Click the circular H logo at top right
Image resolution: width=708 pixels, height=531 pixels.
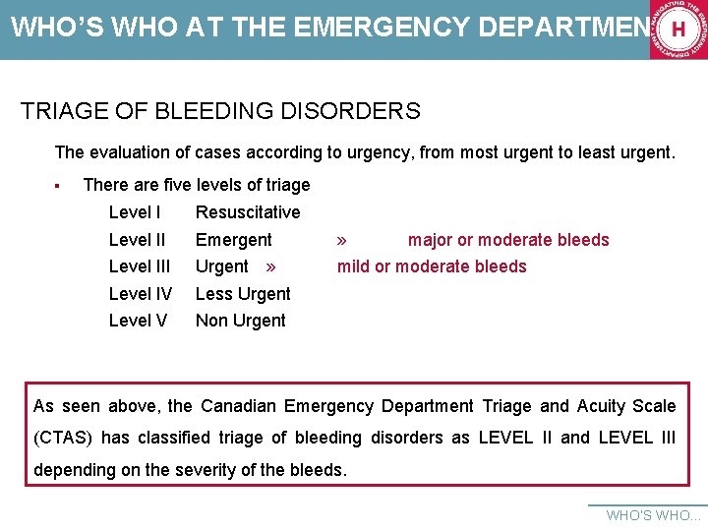click(678, 29)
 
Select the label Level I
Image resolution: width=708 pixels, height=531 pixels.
click(135, 212)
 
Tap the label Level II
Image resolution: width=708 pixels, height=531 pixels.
click(137, 240)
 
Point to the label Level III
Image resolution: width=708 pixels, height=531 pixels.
click(140, 266)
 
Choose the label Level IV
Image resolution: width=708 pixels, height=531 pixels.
click(141, 294)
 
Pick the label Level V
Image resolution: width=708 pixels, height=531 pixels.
click(138, 321)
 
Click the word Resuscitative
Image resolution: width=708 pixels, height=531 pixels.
click(248, 212)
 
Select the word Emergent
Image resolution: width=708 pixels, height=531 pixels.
click(234, 240)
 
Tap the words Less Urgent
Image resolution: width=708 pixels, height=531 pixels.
click(243, 294)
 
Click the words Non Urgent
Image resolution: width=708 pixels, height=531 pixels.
click(241, 321)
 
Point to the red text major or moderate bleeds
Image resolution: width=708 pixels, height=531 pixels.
click(508, 240)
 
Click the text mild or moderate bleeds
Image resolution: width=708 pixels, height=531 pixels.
click(432, 266)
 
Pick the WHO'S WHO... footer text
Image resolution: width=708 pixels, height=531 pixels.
click(654, 515)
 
